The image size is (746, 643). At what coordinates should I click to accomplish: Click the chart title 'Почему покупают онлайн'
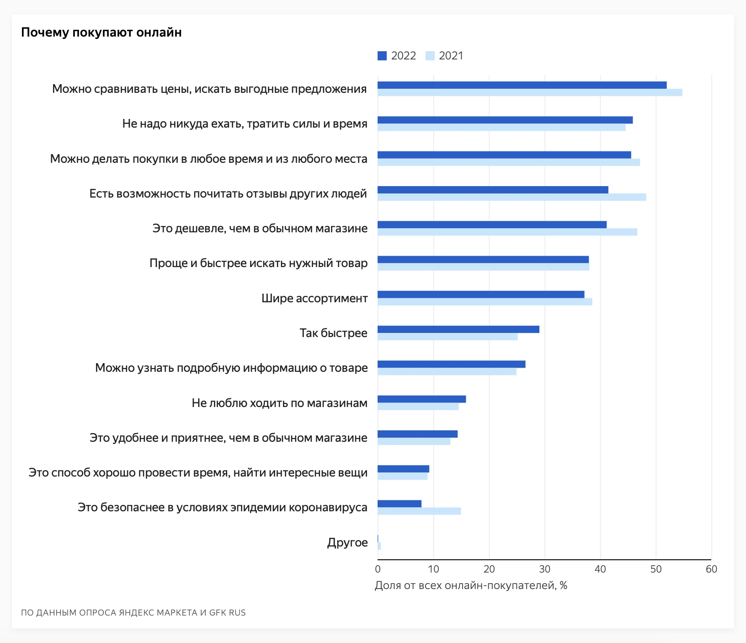(x=101, y=32)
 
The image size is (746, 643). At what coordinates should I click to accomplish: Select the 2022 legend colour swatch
(x=382, y=56)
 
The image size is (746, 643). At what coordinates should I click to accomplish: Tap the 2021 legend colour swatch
(x=430, y=56)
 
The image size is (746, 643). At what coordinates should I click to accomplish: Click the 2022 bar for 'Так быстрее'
(x=458, y=329)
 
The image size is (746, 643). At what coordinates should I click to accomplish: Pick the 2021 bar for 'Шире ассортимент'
(x=485, y=302)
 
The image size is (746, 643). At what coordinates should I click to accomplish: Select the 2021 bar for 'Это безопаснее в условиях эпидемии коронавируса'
(x=419, y=511)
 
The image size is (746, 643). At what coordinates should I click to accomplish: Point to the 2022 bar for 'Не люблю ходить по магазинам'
(x=421, y=399)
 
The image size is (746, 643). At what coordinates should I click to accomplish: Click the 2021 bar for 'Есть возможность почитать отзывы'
(x=512, y=197)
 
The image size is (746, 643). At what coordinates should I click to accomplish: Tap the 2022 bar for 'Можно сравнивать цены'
(x=522, y=85)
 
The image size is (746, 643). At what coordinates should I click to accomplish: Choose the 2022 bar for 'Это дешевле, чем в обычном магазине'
(x=492, y=225)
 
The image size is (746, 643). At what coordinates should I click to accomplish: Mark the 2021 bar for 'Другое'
(x=379, y=546)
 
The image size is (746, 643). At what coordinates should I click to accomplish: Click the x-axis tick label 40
(x=600, y=569)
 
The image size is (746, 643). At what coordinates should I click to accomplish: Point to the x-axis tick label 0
(x=378, y=569)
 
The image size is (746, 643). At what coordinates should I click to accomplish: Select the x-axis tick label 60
(x=711, y=569)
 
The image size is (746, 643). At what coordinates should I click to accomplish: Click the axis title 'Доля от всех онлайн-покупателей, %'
(x=471, y=586)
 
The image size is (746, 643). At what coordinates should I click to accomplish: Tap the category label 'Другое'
(x=347, y=543)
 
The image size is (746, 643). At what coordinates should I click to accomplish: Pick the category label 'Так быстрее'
(x=333, y=333)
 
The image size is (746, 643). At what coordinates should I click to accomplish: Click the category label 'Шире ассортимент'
(x=314, y=299)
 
